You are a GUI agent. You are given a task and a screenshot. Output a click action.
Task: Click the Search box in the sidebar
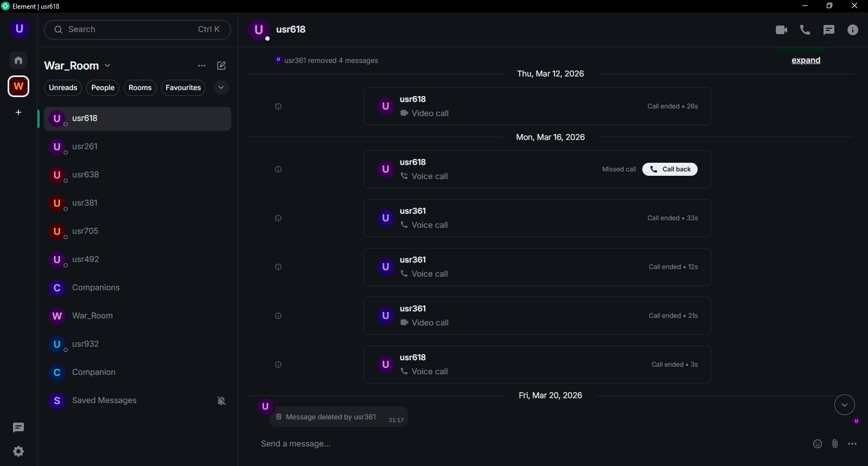pyautogui.click(x=137, y=29)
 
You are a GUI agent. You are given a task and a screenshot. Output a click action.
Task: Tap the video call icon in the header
pyautogui.click(x=781, y=30)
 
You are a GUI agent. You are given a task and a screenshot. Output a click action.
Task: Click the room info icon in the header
pyautogui.click(x=852, y=30)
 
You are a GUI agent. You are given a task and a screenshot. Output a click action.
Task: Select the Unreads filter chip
pyautogui.click(x=63, y=87)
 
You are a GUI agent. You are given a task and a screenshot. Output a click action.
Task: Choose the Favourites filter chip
pyautogui.click(x=183, y=87)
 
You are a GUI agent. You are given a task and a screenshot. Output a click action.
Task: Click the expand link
pyautogui.click(x=806, y=60)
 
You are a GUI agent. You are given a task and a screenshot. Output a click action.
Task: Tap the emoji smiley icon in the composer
pyautogui.click(x=817, y=444)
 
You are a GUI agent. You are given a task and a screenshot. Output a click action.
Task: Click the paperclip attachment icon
pyautogui.click(x=835, y=444)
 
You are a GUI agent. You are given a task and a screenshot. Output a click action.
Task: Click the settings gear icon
pyautogui.click(x=18, y=451)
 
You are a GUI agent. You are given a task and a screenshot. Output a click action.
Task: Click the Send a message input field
pyautogui.click(x=531, y=444)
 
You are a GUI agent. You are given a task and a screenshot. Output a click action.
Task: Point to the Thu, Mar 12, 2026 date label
pyautogui.click(x=550, y=74)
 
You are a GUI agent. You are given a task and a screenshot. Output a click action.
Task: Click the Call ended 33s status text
pyautogui.click(x=672, y=218)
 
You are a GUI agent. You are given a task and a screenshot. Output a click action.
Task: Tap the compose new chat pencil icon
pyautogui.click(x=221, y=66)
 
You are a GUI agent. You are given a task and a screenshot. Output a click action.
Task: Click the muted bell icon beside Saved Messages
pyautogui.click(x=221, y=401)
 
